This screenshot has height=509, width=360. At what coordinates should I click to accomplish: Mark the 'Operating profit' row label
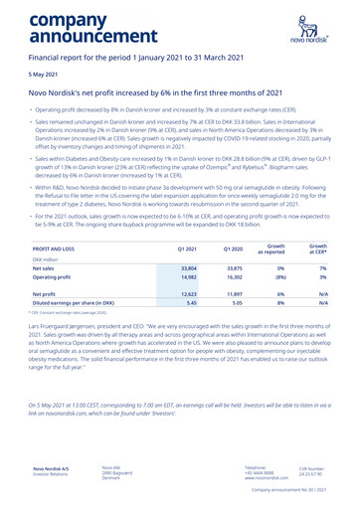pyautogui.click(x=51, y=279)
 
